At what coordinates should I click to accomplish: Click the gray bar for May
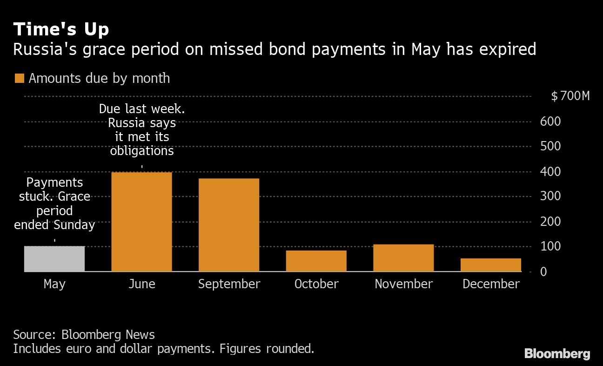click(54, 258)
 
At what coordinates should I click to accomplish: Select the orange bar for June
click(141, 222)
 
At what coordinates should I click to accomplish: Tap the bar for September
click(229, 224)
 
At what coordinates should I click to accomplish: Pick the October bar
click(316, 261)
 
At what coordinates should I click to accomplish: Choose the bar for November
click(403, 258)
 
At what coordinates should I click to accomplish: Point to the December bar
click(491, 264)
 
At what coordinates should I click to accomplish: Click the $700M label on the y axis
click(570, 96)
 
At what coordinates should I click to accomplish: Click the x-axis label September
click(229, 284)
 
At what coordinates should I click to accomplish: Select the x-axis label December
click(491, 284)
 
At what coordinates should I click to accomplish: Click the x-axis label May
click(54, 284)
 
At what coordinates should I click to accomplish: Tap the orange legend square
click(19, 78)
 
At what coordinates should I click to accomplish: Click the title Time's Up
click(61, 29)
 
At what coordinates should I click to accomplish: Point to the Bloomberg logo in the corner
click(557, 354)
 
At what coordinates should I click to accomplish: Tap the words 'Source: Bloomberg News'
click(84, 334)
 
